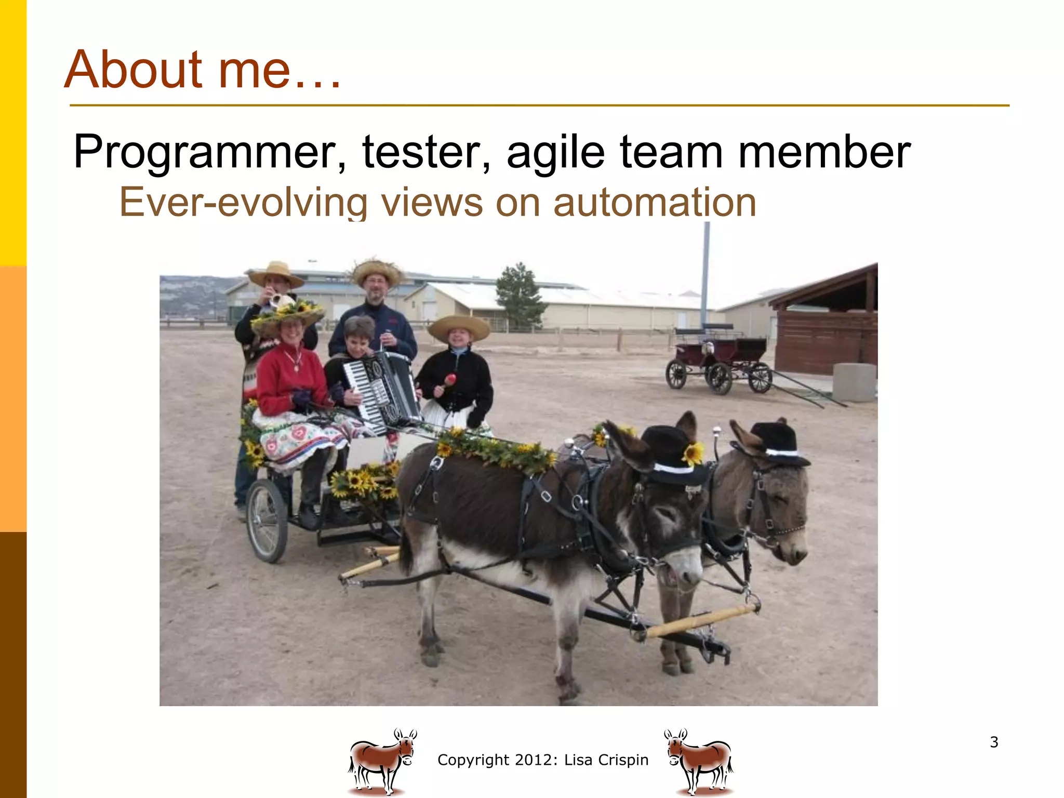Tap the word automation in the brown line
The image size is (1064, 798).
[x=654, y=203]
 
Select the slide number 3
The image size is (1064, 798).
[x=994, y=742]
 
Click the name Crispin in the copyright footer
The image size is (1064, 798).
[x=623, y=760]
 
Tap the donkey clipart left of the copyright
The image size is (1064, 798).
[x=382, y=762]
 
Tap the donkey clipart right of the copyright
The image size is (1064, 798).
[x=698, y=762]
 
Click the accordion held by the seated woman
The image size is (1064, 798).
[x=382, y=387]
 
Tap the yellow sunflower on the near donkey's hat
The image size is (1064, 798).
[x=693, y=454]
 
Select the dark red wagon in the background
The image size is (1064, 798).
[x=720, y=358]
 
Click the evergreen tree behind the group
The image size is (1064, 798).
[x=520, y=294]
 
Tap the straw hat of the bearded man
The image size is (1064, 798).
[x=377, y=271]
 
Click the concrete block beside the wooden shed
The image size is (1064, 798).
[x=854, y=382]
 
